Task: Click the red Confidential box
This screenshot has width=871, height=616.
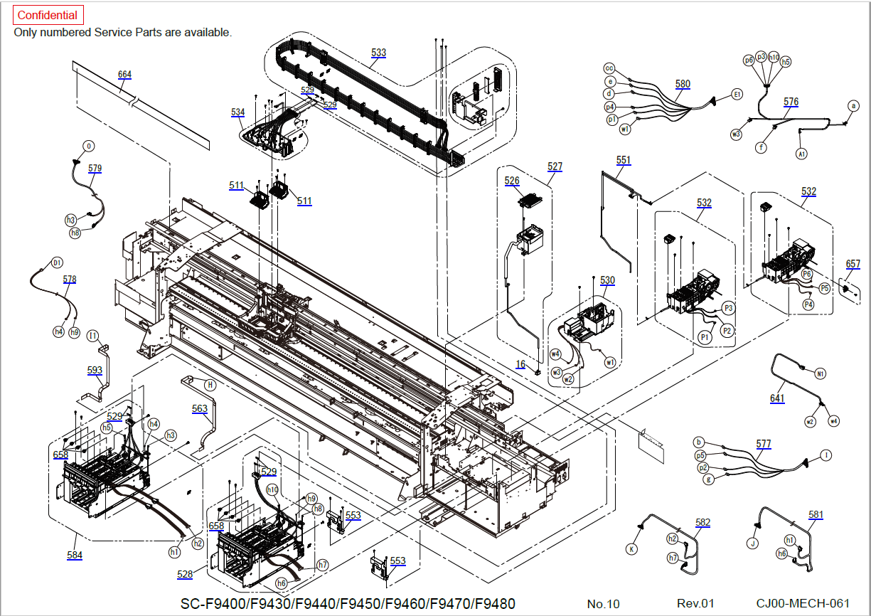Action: [48, 15]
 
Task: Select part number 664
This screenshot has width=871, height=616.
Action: [124, 75]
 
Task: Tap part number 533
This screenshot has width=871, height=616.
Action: [378, 53]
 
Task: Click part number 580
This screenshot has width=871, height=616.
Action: [683, 84]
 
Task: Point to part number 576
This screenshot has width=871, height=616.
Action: [791, 102]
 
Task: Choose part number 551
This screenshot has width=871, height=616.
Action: [623, 161]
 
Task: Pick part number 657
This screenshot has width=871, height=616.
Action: [853, 264]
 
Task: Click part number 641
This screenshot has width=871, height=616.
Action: [777, 398]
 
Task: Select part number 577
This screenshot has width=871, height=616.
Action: [763, 444]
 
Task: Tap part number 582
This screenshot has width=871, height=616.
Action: [702, 523]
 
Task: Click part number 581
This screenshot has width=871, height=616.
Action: [816, 514]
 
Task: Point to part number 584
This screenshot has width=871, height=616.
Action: [75, 555]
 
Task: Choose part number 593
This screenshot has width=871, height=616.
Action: [95, 370]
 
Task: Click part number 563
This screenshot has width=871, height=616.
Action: [200, 408]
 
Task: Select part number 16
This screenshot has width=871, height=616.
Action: [521, 364]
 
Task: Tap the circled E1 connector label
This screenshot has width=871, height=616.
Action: [737, 94]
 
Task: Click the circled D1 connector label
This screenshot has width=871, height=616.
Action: [57, 262]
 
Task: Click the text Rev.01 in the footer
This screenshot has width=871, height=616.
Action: [695, 604]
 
